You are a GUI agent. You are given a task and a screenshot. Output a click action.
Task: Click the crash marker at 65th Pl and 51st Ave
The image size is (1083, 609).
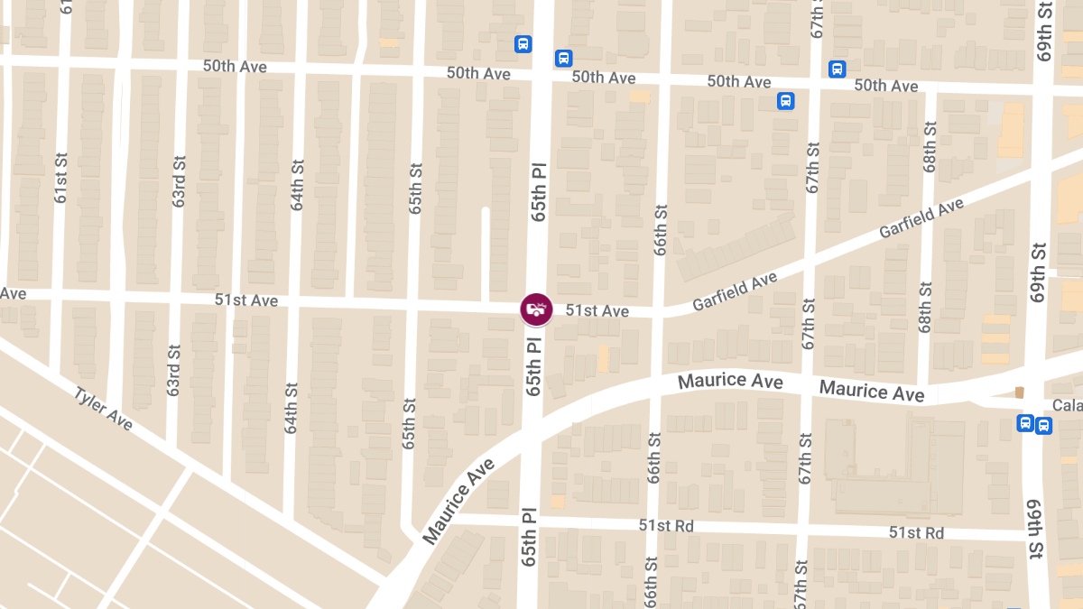pos(536,309)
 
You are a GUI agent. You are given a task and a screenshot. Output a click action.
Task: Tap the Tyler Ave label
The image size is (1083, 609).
pos(103,410)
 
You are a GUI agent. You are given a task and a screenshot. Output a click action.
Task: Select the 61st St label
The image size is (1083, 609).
pos(60,176)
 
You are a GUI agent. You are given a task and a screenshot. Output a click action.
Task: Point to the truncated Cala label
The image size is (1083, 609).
pos(1067,405)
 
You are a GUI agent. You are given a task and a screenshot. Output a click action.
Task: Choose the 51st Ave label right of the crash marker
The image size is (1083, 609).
pos(597,311)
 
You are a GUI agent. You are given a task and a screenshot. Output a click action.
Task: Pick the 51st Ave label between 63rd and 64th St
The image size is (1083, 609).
pos(246,300)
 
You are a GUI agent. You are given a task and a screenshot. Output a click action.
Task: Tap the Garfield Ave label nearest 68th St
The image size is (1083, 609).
pos(921,219)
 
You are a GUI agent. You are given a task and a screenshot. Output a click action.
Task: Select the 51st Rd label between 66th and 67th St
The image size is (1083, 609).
pos(666,525)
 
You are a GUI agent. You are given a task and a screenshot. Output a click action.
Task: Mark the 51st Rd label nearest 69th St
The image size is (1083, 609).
pos(916,533)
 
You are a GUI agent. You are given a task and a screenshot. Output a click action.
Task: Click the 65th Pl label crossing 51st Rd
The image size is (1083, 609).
pos(529,538)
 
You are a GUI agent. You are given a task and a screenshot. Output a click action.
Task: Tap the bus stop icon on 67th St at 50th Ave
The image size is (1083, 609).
pos(785,101)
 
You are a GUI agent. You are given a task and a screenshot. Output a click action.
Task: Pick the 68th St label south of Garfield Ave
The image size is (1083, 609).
pos(925,308)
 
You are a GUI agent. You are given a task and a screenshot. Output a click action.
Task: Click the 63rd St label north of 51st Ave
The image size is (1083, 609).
pos(179,186)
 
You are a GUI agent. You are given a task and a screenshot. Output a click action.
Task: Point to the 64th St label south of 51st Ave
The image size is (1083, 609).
pos(292,408)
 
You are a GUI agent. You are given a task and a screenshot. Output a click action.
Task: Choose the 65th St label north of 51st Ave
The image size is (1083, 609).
pos(415,188)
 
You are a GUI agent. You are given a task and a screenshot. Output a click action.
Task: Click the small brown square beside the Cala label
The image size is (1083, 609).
pos(1020,392)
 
